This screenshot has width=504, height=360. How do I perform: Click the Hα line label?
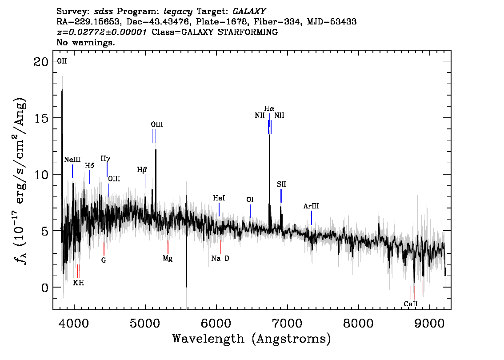click(x=269, y=108)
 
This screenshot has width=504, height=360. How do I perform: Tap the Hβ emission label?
click(x=142, y=169)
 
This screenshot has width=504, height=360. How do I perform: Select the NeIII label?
click(x=72, y=160)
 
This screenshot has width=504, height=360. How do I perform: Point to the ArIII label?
click(x=311, y=206)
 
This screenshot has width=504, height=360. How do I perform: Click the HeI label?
click(x=219, y=198)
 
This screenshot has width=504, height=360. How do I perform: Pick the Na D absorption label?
click(x=220, y=258)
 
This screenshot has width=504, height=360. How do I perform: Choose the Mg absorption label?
click(x=168, y=258)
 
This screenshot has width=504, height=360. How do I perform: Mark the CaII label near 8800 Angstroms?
click(x=411, y=304)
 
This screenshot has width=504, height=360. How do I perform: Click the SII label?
click(x=281, y=184)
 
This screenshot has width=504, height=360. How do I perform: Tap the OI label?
click(x=250, y=200)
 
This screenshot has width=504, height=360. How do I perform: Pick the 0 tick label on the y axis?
click(x=44, y=288)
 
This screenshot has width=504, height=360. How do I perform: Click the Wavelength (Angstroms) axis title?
click(x=252, y=339)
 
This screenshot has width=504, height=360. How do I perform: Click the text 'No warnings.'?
click(x=86, y=43)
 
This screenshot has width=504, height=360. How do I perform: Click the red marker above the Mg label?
click(x=168, y=247)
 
